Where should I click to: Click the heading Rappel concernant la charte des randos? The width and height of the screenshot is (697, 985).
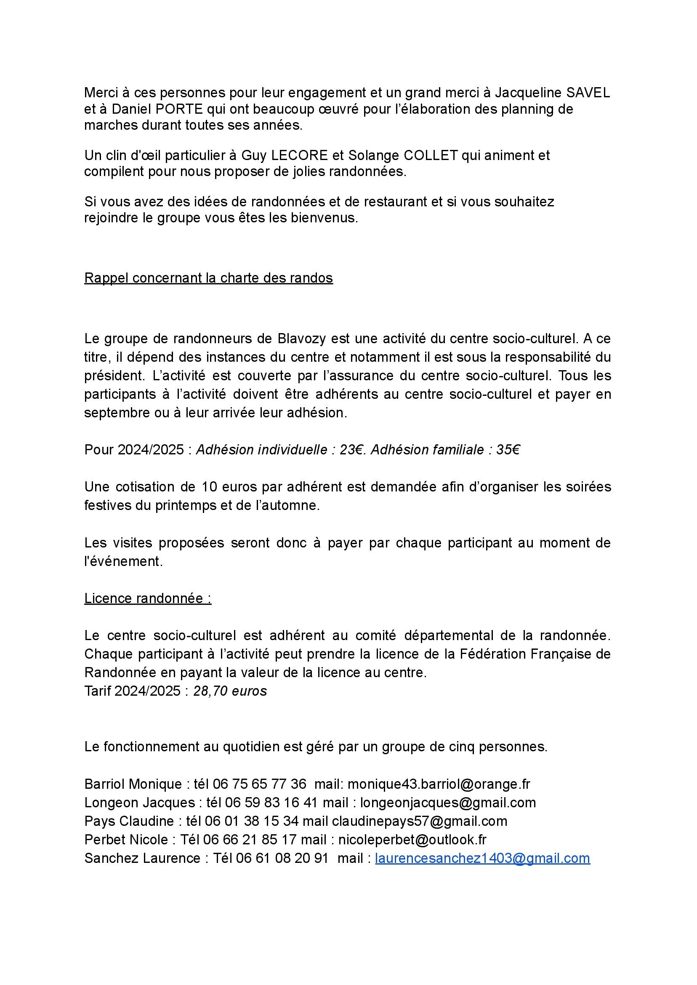click(x=209, y=278)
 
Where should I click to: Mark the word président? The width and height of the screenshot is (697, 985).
click(x=114, y=376)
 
